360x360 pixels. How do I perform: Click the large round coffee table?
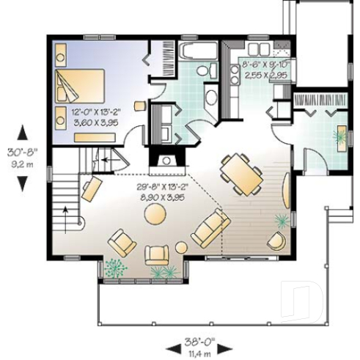point(155,213)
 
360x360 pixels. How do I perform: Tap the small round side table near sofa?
point(182,247)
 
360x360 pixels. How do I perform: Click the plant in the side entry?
point(341,136)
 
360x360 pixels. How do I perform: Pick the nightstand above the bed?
point(60,53)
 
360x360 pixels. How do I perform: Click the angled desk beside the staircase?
point(91,188)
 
